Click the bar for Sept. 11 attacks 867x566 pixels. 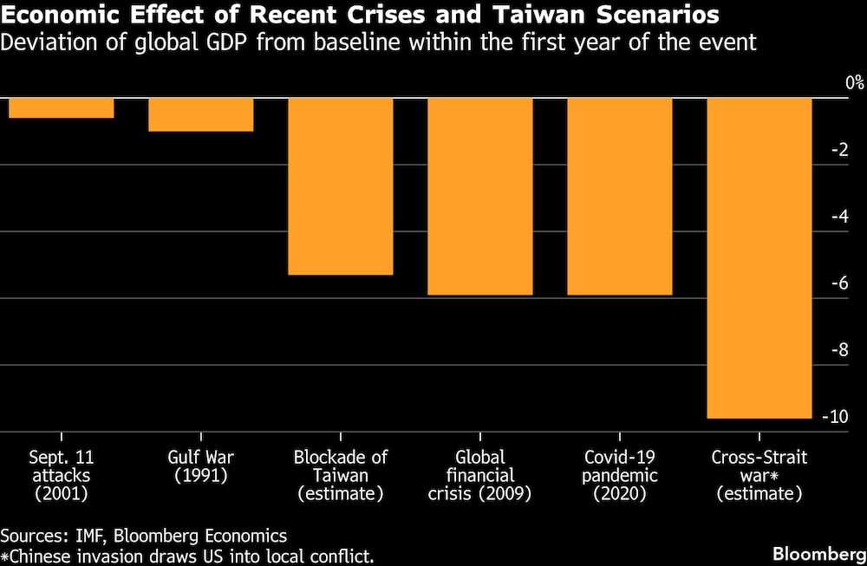[61, 108]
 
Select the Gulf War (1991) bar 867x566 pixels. [200, 114]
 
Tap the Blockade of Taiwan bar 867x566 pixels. [340, 186]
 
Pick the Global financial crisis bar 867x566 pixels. [479, 197]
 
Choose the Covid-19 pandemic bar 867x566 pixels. [619, 197]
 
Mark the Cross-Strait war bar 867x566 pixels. [759, 258]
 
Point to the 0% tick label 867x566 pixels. [855, 83]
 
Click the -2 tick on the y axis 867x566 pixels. [840, 150]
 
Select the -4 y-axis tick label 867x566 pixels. [840, 217]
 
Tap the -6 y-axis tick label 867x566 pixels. [840, 283]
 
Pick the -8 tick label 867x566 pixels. [840, 350]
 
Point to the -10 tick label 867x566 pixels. [837, 417]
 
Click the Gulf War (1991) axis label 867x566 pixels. [200, 466]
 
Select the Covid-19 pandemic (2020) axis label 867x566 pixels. [619, 476]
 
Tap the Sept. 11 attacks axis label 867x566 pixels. [61, 476]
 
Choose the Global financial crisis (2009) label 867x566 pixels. [479, 476]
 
